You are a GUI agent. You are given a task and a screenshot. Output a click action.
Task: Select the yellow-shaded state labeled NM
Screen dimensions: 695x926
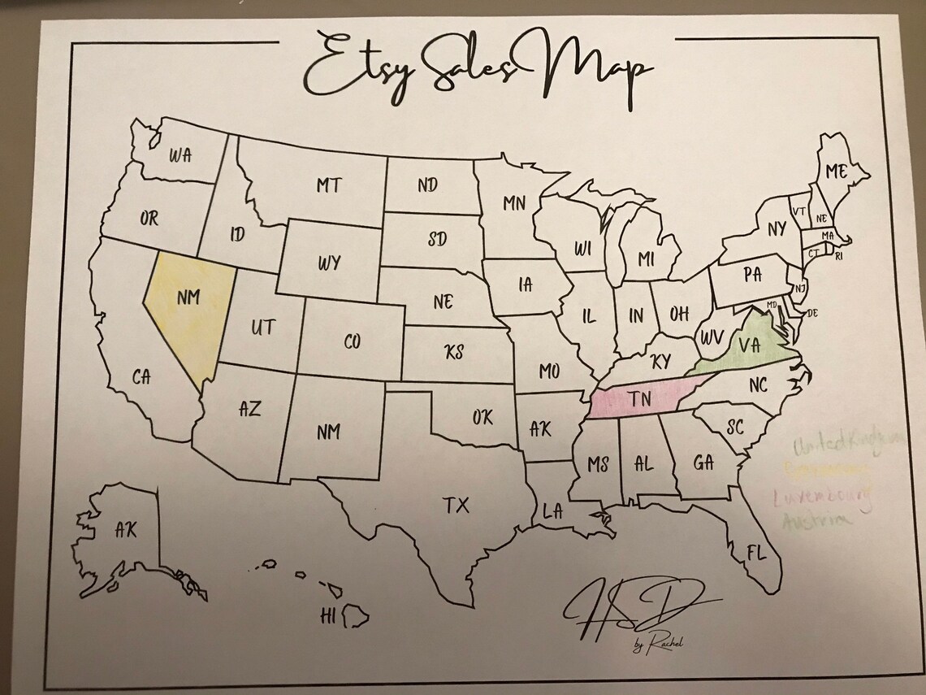pyautogui.click(x=188, y=298)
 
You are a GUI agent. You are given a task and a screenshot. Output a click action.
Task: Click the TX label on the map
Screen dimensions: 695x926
pyautogui.click(x=457, y=506)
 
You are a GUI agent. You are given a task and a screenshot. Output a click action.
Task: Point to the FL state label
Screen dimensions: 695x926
pyautogui.click(x=756, y=554)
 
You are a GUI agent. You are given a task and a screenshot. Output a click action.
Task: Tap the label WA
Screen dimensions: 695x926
pyautogui.click(x=180, y=154)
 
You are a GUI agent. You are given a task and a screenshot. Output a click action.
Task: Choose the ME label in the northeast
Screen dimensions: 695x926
pyautogui.click(x=836, y=172)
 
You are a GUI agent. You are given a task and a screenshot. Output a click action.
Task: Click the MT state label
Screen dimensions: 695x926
pyautogui.click(x=329, y=185)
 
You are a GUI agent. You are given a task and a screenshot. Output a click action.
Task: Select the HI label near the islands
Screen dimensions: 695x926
pyautogui.click(x=328, y=615)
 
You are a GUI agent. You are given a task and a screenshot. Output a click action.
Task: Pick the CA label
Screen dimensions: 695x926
pyautogui.click(x=141, y=376)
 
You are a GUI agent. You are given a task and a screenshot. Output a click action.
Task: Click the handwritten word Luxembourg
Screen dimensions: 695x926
pyautogui.click(x=822, y=495)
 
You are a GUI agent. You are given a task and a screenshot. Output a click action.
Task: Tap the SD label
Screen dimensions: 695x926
pyautogui.click(x=437, y=240)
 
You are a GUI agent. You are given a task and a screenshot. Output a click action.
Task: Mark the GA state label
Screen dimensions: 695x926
pyautogui.click(x=703, y=463)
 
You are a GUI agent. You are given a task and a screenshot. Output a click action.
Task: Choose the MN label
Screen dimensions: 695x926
pyautogui.click(x=514, y=203)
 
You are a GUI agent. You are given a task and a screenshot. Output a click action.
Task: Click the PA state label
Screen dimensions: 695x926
pyautogui.click(x=752, y=275)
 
